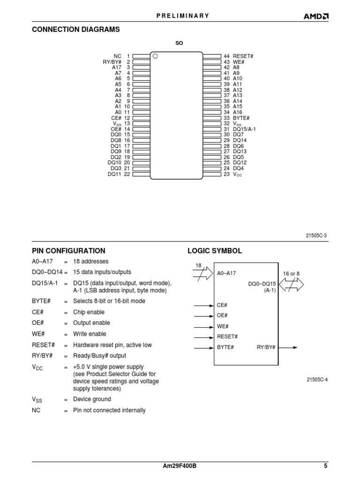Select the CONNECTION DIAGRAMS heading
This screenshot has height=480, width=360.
pos(75,30)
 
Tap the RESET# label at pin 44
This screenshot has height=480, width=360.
pos(243,56)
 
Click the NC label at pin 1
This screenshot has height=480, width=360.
pos(117,56)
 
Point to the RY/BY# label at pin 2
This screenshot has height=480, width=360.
pos(112,61)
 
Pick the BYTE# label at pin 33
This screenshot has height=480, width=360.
pos(241,118)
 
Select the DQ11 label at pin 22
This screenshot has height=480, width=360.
pos(114,174)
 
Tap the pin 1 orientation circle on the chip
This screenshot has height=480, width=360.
pos(156,56)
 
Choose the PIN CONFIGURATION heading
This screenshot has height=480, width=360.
pos(68,251)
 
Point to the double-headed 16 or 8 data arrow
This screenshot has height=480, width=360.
pos(291,284)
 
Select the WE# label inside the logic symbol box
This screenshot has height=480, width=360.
pos(223,326)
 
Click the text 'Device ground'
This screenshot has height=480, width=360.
pos(92,399)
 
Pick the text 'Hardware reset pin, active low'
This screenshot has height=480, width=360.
pos(112,345)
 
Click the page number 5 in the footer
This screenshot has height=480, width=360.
pos(325,466)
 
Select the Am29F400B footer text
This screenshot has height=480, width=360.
pos(180,466)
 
